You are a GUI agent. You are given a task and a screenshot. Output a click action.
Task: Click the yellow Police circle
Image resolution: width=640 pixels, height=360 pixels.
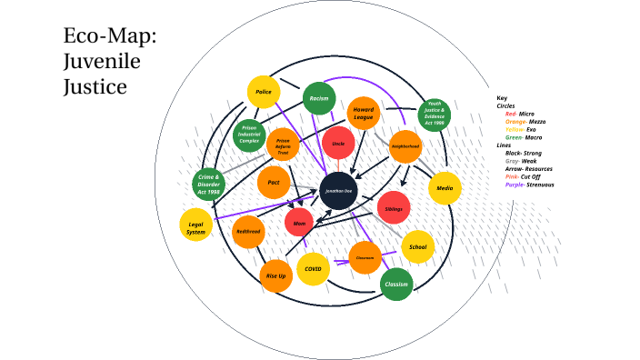coord(263,91)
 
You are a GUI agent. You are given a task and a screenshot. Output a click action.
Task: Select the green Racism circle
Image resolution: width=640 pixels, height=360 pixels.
coord(318,97)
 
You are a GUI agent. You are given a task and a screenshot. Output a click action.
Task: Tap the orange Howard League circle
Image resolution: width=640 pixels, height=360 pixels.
coord(364,113)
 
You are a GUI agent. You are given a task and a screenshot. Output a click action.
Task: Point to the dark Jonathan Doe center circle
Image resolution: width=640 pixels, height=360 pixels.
coord(337,190)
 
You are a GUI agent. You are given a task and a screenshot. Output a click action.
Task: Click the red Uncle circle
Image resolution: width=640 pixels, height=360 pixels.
coord(337,144)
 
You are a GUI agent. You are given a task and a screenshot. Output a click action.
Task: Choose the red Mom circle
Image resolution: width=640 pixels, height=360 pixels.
coord(299,222)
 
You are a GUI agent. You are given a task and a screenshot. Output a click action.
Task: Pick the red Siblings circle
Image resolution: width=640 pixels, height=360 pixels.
coord(394,208)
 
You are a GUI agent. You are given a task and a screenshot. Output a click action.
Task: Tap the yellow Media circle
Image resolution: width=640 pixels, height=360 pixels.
coord(445,187)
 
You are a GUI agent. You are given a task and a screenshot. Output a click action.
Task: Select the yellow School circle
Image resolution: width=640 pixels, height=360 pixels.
coord(417,246)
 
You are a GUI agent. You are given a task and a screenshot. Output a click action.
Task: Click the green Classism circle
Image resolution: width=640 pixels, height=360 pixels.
coord(396,284)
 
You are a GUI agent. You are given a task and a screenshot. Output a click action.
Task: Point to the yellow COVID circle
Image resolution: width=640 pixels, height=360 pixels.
coord(313,269)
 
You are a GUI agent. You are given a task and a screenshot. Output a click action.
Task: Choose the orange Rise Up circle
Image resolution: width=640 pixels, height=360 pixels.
coord(275,275)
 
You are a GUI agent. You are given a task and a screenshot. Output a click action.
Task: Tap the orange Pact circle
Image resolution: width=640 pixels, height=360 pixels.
coord(273,182)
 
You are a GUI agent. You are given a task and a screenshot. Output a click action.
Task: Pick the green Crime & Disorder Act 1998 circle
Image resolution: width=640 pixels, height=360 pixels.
coord(208,185)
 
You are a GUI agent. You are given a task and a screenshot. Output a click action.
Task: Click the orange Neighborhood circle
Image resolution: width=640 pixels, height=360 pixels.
coord(405,145)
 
